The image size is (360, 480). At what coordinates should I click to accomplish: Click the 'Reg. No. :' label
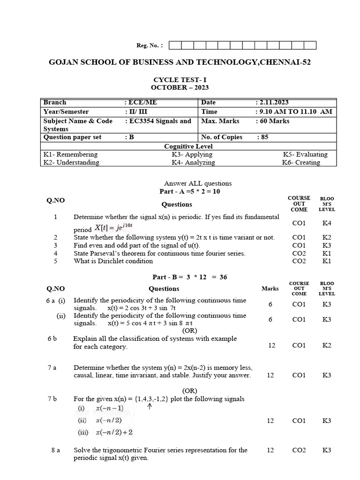150,45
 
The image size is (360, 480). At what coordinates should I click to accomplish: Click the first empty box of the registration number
174,45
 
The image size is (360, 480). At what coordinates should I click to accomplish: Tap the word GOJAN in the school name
66,62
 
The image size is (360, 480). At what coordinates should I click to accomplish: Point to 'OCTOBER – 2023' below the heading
180,87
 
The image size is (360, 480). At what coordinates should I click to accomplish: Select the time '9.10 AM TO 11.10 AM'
294,112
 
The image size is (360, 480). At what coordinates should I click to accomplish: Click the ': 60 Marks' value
273,121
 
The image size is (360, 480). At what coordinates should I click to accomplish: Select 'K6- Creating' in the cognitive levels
301,162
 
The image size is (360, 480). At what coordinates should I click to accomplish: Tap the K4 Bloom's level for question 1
327,224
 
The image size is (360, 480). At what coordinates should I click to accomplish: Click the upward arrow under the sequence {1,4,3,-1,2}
150,407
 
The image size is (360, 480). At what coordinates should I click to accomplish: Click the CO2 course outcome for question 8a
299,450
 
